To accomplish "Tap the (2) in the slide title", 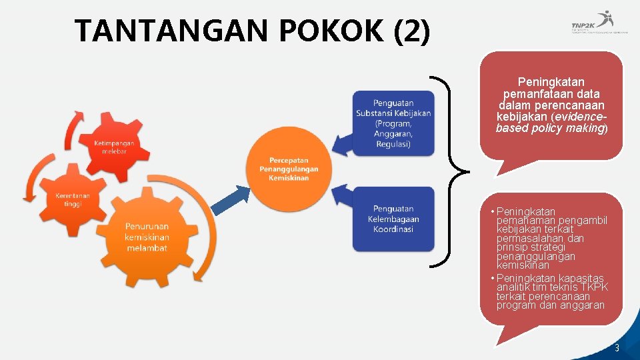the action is [x=412, y=31].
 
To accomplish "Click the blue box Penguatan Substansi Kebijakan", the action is [x=393, y=123].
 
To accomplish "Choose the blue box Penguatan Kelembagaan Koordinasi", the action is [x=393, y=219].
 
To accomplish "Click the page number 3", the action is [x=617, y=348].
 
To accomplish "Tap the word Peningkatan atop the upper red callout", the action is [x=551, y=83].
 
